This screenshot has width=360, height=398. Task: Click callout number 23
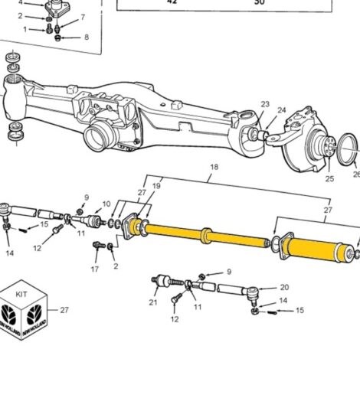265,105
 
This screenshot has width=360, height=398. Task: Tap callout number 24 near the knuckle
281,110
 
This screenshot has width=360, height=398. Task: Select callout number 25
329,179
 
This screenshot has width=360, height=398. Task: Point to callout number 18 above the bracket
214,167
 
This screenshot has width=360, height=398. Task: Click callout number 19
155,185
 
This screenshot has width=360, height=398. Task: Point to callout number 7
83,17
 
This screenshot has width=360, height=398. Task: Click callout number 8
86,37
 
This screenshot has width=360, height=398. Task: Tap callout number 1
25,30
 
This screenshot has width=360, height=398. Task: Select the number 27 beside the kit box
64,310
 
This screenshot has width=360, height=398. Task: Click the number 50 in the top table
259,2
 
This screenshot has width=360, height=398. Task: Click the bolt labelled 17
97,246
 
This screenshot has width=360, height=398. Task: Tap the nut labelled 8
62,35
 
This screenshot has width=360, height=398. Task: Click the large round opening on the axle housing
99,140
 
